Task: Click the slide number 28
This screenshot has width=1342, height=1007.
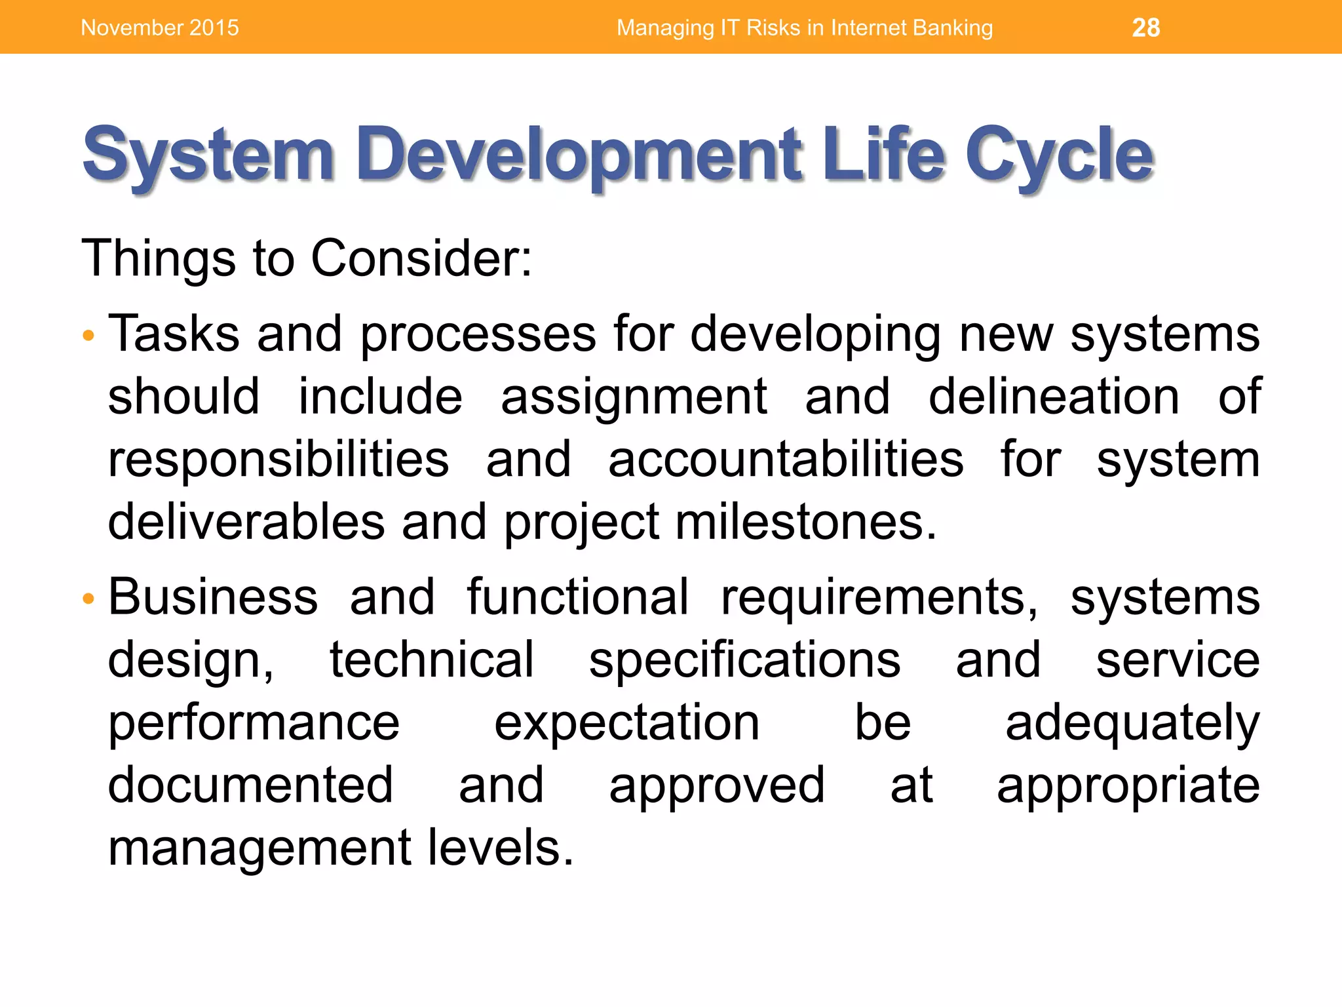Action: coord(1145,28)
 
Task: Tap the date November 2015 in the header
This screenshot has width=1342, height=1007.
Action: coord(160,28)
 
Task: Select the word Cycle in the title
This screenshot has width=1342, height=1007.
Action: coord(1058,156)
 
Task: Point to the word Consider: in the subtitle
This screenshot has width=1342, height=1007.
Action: coord(421,258)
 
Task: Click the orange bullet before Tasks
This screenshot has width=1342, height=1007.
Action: coord(88,336)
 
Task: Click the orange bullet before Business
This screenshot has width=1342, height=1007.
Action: coord(88,599)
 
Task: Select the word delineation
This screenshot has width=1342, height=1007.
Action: coord(1054,397)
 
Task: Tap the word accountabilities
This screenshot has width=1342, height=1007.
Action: coord(786,460)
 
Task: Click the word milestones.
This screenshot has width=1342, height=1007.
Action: coord(805,523)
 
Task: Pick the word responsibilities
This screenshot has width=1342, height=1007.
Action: coord(278,460)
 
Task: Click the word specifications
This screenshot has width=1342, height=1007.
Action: coord(744,660)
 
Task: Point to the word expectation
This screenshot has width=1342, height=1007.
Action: coord(626,723)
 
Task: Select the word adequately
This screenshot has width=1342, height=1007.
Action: coord(1132,723)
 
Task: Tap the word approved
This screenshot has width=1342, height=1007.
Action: coord(716,786)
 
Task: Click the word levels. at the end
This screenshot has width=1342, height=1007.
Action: coord(501,848)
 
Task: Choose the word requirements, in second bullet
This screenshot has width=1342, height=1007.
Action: coord(879,599)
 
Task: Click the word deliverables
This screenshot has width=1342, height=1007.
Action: coord(246,523)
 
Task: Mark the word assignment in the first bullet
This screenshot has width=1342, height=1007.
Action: coord(634,398)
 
